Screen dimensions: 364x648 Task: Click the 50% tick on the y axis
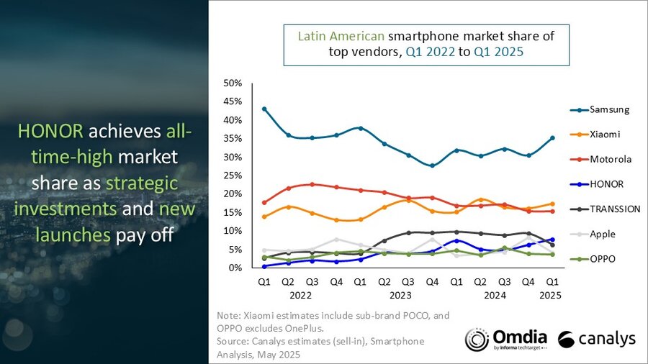233,83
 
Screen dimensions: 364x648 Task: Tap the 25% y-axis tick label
233,176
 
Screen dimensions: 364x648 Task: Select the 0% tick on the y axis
235,268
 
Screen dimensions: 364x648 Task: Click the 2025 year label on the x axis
550,295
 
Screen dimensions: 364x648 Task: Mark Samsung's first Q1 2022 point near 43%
264,109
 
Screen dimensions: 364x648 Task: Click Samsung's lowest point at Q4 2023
432,165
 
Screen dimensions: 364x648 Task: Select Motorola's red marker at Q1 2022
264,202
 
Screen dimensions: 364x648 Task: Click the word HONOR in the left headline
49,132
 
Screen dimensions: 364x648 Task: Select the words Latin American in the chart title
341,35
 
